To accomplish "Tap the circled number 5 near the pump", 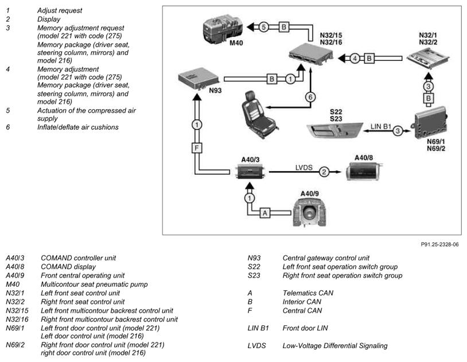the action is (263, 27).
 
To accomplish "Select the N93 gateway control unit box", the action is (199, 78).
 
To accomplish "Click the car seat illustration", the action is (259, 115).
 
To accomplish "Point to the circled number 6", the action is (310, 97).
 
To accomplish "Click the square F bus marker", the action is (197, 148).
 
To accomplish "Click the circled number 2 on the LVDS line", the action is (324, 172).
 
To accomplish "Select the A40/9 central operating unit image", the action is (309, 212).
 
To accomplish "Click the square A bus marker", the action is (265, 213).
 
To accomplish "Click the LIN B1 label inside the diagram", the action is (380, 126).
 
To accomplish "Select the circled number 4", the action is (355, 58).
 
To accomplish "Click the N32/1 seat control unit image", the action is (428, 59).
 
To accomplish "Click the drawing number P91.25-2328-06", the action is (439, 245).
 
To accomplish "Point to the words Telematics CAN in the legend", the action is (308, 293).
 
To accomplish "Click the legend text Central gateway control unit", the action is (326, 258).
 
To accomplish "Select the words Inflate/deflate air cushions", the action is (77, 128).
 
